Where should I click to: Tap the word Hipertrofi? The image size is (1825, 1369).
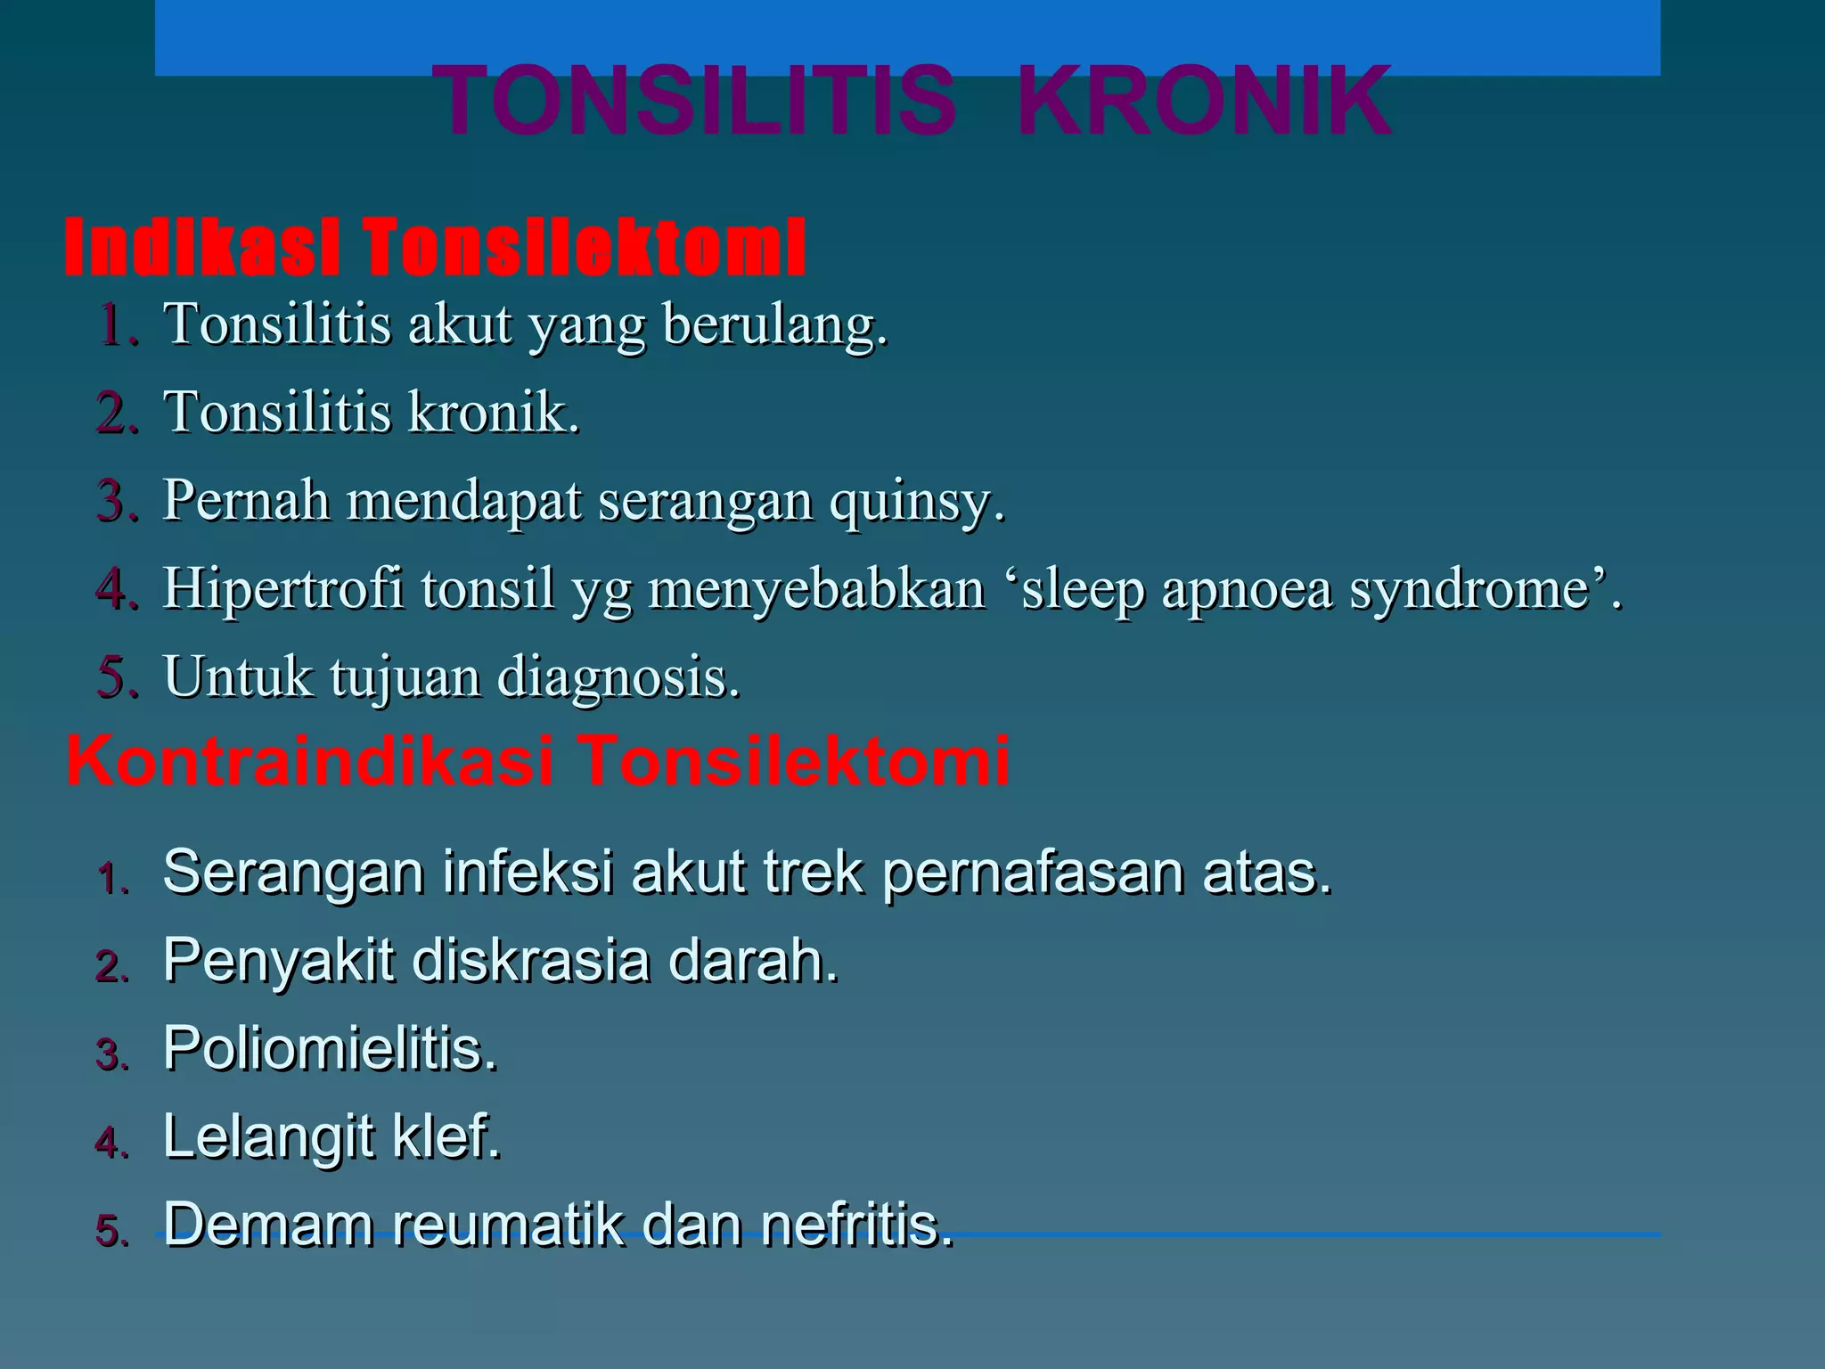click(283, 589)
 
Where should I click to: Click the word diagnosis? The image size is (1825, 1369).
click(618, 677)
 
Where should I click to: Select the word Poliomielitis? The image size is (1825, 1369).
click(330, 1048)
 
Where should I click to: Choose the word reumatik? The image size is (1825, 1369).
click(508, 1225)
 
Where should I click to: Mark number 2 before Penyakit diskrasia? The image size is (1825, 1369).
click(111, 966)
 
